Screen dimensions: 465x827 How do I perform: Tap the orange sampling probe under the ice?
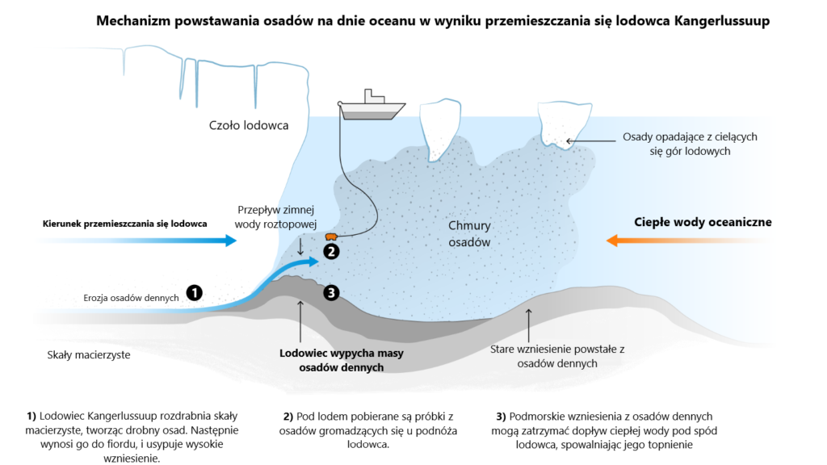pyautogui.click(x=330, y=237)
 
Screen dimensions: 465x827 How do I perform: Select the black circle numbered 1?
pyautogui.click(x=194, y=292)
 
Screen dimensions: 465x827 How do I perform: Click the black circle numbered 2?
pyautogui.click(x=330, y=251)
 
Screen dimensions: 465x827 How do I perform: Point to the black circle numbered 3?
pyautogui.click(x=330, y=292)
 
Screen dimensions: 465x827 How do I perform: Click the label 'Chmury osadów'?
pyautogui.click(x=469, y=233)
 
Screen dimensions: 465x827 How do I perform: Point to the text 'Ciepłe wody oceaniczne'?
pyautogui.click(x=703, y=222)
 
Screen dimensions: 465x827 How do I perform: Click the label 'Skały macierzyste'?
pyautogui.click(x=89, y=354)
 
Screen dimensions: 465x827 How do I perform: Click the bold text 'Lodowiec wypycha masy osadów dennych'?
pyautogui.click(x=341, y=360)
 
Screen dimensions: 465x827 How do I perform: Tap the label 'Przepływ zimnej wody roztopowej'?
pyautogui.click(x=279, y=216)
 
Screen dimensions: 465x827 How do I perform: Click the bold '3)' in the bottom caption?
pyautogui.click(x=501, y=416)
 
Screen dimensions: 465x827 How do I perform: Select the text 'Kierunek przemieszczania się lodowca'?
pyautogui.click(x=124, y=223)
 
